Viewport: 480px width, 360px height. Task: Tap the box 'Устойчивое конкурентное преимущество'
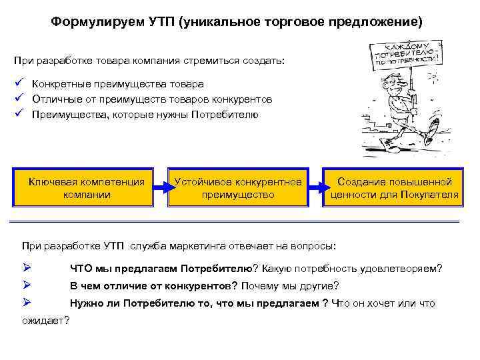(x=238, y=188)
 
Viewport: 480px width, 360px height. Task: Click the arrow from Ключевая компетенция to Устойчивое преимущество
(x=161, y=188)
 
